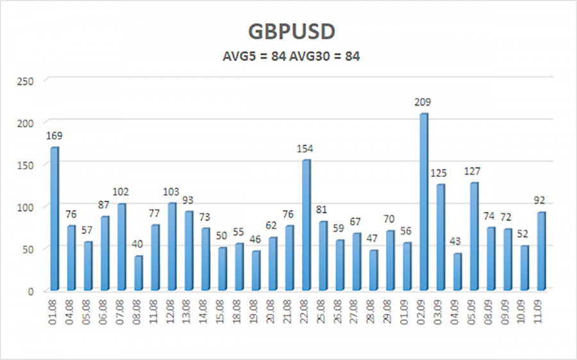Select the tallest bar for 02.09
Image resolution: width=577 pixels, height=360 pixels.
pyautogui.click(x=422, y=202)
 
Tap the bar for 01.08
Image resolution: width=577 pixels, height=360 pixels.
pyautogui.click(x=54, y=218)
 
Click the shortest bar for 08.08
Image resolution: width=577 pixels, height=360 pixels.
pyautogui.click(x=138, y=273)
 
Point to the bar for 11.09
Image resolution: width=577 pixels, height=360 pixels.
pyautogui.click(x=540, y=250)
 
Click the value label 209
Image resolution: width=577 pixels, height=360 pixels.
pyautogui.click(x=424, y=102)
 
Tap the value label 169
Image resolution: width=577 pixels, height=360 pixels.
pyautogui.click(x=54, y=136)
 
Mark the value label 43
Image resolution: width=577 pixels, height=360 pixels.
pyautogui.click(x=456, y=242)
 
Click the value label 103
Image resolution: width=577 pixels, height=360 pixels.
pyautogui.click(x=172, y=192)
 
